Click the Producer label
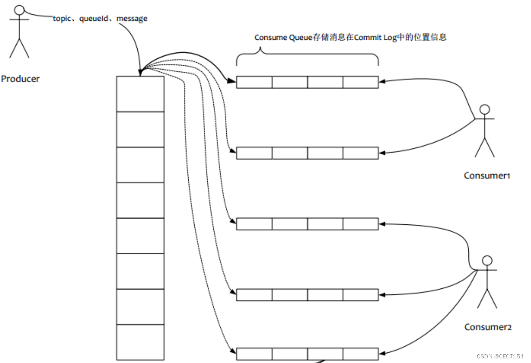[x=20, y=79]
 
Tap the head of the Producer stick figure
[x=19, y=10]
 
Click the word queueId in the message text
[x=94, y=19]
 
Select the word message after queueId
[x=132, y=19]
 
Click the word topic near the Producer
[x=62, y=19]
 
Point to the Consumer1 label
[x=487, y=176]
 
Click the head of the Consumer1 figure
[x=485, y=110]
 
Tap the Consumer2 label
[x=488, y=327]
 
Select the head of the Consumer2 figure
[x=486, y=260]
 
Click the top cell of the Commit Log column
[x=140, y=94]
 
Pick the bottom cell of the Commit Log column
[x=140, y=342]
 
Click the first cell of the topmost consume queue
[x=254, y=82]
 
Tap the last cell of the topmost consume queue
[x=361, y=82]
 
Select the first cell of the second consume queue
[x=254, y=153]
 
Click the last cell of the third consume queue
[x=361, y=224]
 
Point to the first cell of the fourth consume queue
[x=254, y=295]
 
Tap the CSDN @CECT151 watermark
[x=501, y=357]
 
